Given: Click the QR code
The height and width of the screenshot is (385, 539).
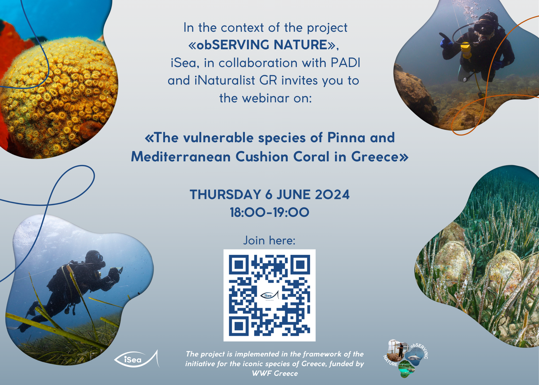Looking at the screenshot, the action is (x=269, y=295).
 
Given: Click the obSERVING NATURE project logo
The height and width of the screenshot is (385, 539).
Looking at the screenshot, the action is (x=406, y=358).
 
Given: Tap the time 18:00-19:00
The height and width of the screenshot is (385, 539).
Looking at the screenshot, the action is (x=269, y=212).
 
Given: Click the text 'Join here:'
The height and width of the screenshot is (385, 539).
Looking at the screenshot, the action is (x=269, y=240).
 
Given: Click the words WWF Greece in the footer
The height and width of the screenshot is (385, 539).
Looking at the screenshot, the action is (x=275, y=373).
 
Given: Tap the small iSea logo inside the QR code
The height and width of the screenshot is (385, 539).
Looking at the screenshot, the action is (x=269, y=295).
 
